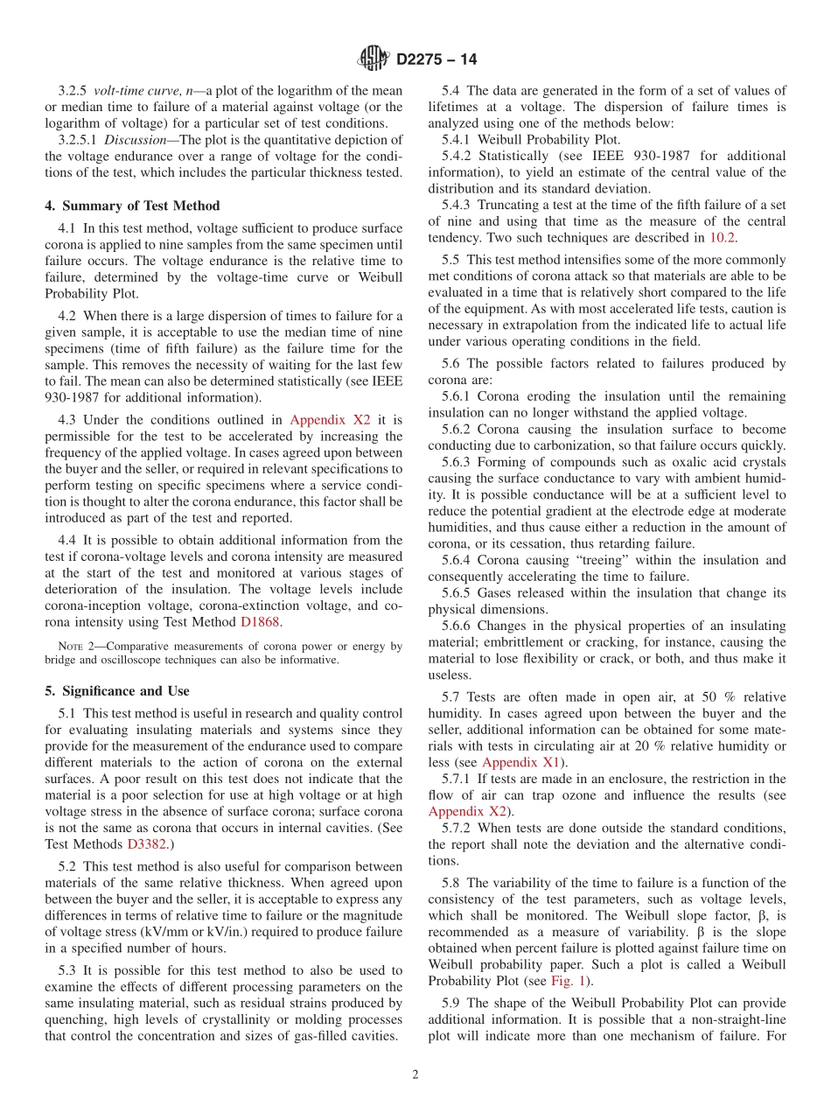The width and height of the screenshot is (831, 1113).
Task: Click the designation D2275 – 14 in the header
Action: point(436,59)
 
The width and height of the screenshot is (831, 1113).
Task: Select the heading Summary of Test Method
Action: point(132,206)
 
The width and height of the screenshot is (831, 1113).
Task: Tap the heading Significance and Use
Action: point(117,690)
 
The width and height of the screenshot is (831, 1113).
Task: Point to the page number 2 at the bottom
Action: point(415,1075)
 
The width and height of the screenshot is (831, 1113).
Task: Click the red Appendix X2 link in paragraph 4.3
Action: point(330,420)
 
